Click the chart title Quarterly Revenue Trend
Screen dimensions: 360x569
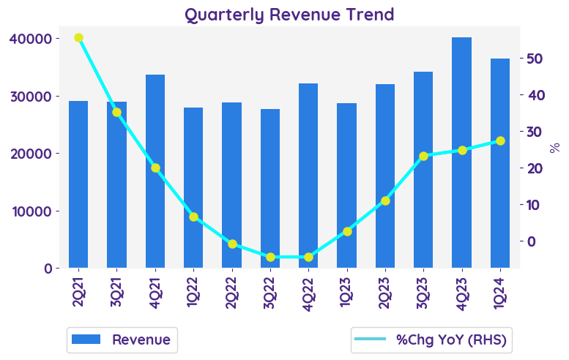pos(289,15)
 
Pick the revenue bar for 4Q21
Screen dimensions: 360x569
pos(155,171)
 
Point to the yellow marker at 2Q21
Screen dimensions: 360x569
pos(78,38)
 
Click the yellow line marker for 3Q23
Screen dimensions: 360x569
pos(423,156)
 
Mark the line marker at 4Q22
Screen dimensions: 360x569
pos(308,257)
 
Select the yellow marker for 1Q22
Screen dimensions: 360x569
pos(193,217)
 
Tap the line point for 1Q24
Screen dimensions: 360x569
pos(500,140)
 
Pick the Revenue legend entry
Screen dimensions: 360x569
pos(122,340)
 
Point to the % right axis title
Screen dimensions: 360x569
pos(554,147)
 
